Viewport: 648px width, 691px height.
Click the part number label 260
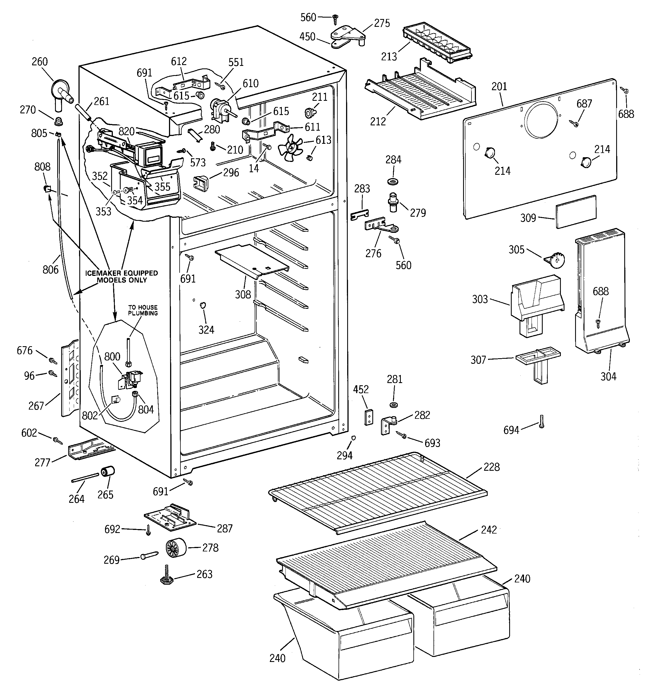40,62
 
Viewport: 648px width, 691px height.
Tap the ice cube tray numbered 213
438,44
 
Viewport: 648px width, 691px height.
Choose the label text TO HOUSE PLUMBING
143,310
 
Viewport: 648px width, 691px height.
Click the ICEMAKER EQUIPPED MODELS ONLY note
121,276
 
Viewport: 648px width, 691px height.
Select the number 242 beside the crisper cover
489,529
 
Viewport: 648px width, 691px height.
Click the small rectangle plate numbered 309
576,212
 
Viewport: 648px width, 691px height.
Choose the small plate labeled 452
369,417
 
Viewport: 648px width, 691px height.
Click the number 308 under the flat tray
243,294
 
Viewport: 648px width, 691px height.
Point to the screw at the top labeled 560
336,19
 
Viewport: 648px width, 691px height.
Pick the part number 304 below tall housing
608,376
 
